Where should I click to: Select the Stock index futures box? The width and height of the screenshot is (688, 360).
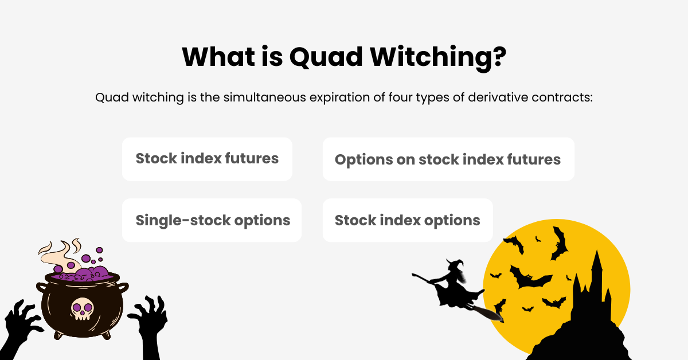coord(207,159)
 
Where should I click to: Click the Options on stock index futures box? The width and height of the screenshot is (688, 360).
coord(448,159)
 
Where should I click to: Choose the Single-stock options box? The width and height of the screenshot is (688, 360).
coord(212,220)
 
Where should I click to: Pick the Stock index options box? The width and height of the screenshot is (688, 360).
coord(407,220)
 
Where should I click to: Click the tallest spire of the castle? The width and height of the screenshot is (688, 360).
coord(596,267)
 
